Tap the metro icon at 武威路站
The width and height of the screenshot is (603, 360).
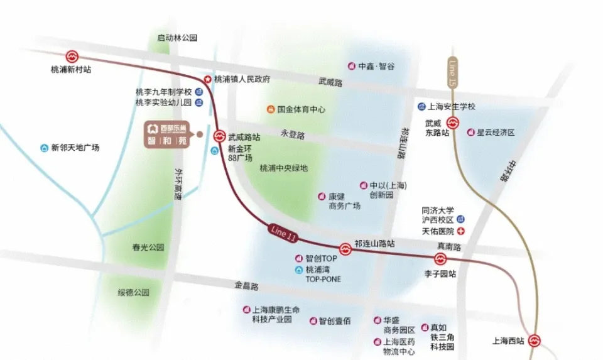click(x=220, y=135)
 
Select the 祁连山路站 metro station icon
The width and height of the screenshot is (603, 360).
click(x=345, y=249)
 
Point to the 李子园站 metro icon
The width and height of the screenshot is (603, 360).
click(x=440, y=259)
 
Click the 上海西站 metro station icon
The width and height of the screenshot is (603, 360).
click(x=534, y=341)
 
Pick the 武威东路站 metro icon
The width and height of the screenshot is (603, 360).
click(x=453, y=123)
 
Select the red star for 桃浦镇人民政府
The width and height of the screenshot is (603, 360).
click(x=207, y=79)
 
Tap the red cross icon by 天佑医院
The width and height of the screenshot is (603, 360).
click(x=460, y=232)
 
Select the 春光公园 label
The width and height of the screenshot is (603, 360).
click(x=148, y=248)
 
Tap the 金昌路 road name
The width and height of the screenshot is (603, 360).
click(x=246, y=286)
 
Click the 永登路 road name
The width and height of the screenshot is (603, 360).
click(x=293, y=134)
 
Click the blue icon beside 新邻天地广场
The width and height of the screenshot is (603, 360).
click(x=44, y=148)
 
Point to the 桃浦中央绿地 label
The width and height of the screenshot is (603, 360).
click(x=284, y=168)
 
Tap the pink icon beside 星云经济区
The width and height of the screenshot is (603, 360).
click(x=470, y=133)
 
